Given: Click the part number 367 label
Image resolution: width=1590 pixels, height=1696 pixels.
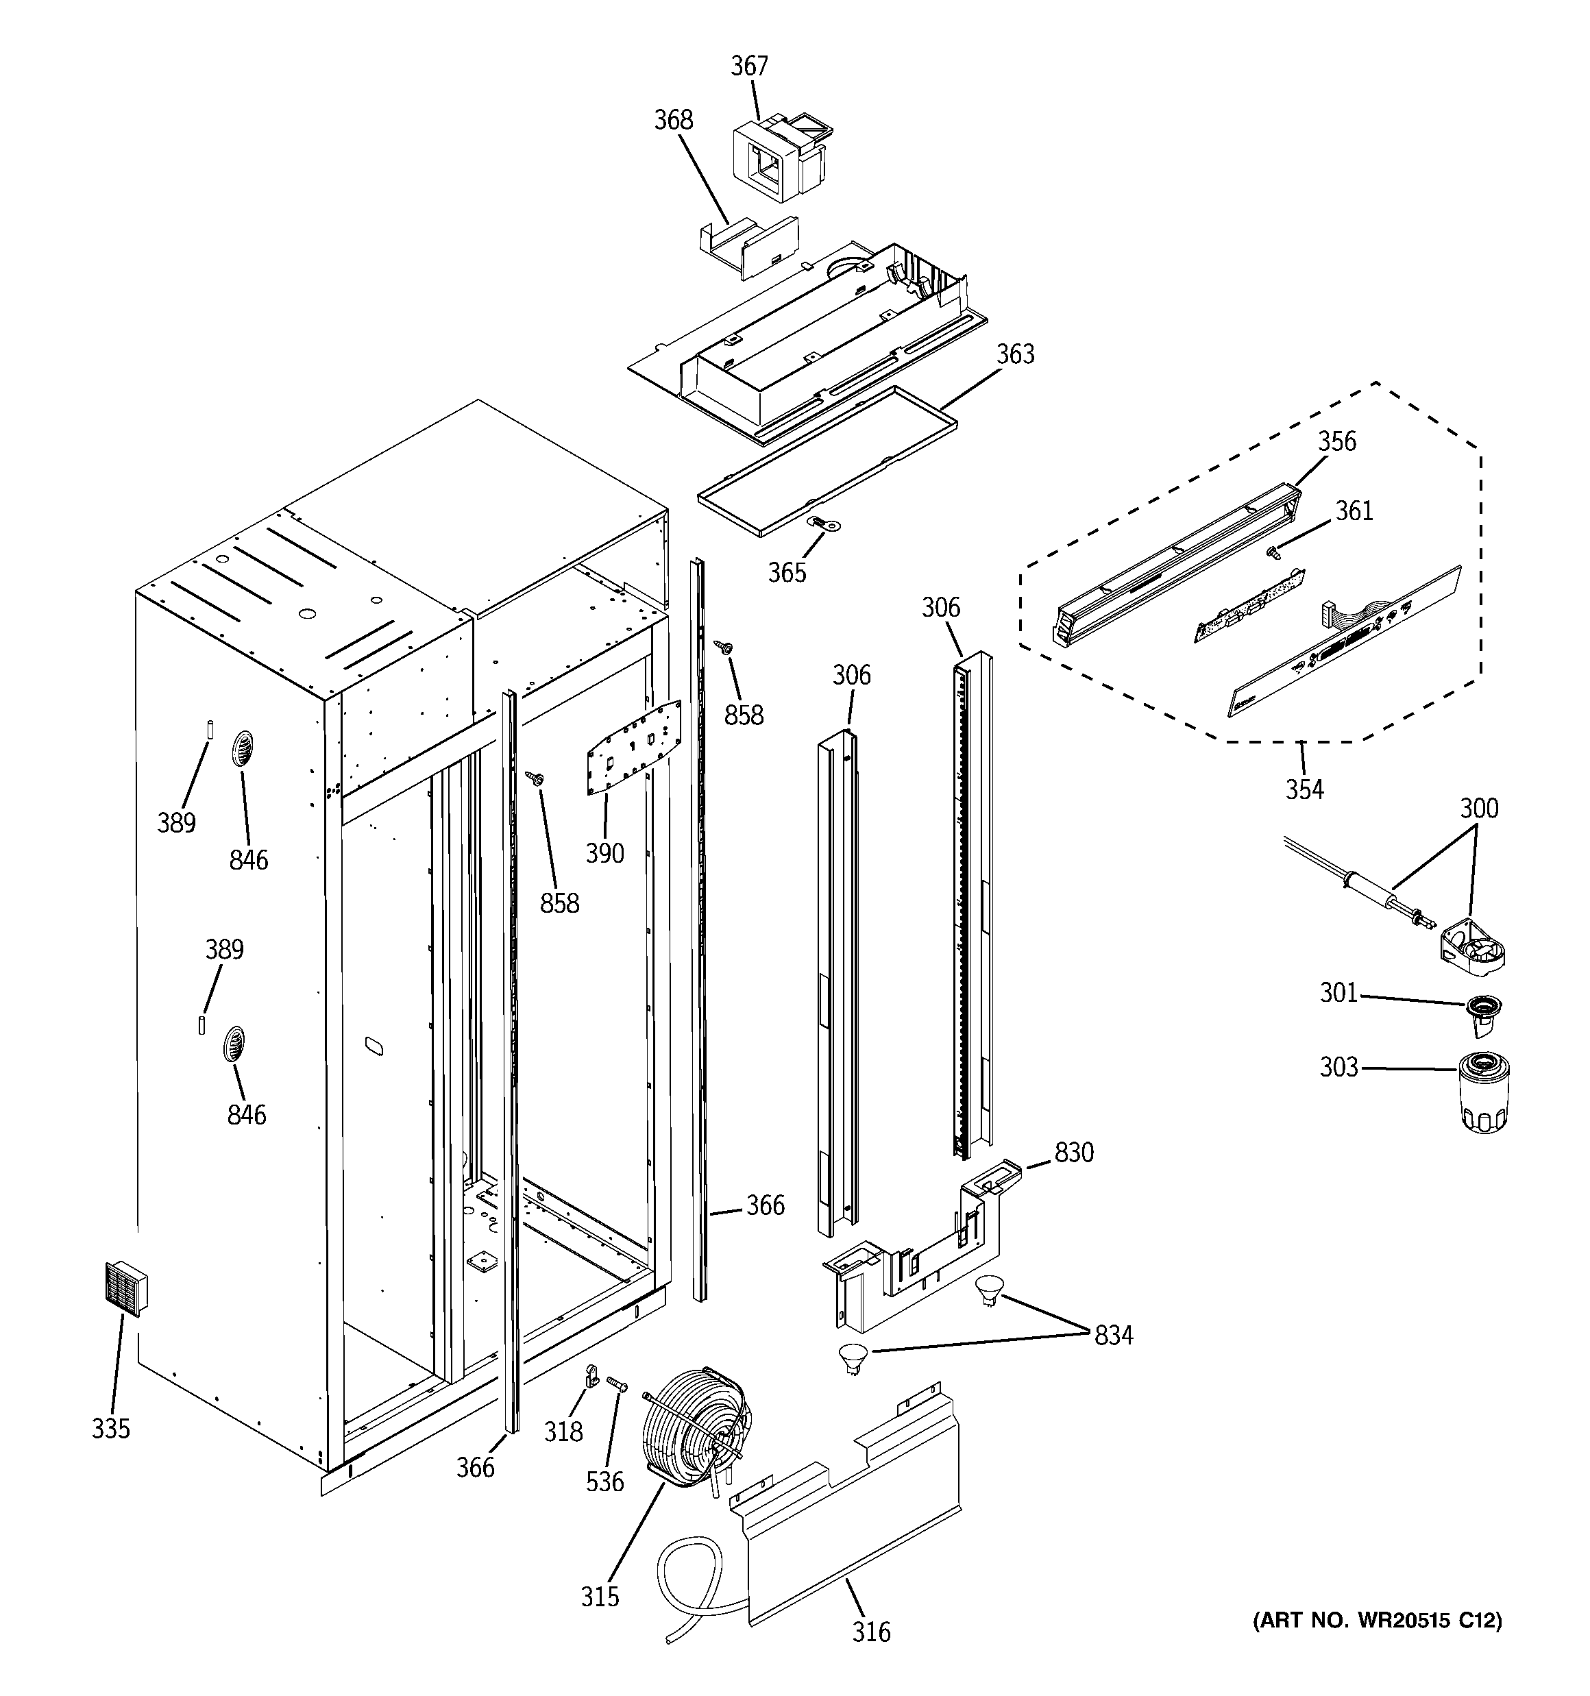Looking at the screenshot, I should click(x=748, y=66).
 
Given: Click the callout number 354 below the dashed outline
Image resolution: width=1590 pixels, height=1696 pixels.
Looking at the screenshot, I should click(x=1304, y=790).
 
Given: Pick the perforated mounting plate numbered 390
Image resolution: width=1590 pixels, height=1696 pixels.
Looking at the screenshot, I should click(x=633, y=746).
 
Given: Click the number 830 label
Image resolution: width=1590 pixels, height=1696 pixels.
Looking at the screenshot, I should click(x=1074, y=1153).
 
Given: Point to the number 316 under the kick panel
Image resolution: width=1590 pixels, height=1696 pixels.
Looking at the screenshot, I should click(x=870, y=1633).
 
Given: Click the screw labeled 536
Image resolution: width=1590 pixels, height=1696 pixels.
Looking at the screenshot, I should click(x=616, y=1382).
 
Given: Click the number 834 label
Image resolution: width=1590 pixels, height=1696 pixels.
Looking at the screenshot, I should click(x=1113, y=1335).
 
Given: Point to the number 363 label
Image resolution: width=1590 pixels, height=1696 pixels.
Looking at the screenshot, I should click(x=1015, y=354).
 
